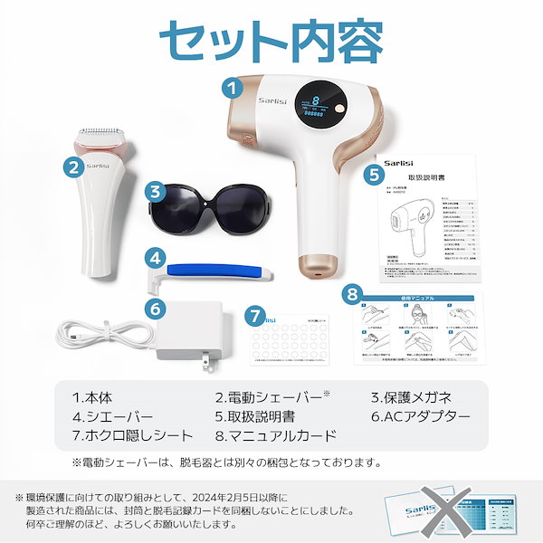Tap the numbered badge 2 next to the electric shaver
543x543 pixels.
click(x=71, y=166)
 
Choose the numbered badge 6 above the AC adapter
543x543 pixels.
click(x=157, y=308)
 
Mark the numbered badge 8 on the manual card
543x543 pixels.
click(x=355, y=294)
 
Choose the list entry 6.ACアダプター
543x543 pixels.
click(x=422, y=417)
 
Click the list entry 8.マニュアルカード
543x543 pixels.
click(x=277, y=436)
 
